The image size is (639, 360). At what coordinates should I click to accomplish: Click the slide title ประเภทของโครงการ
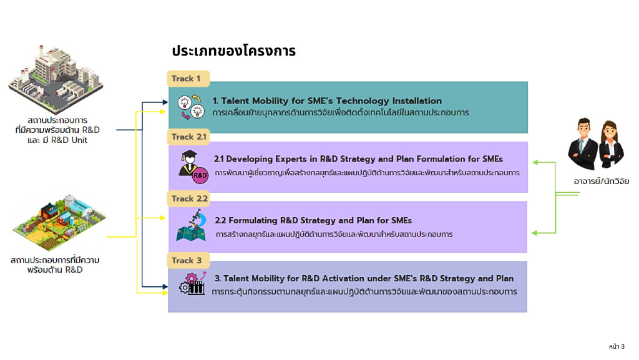point(233,51)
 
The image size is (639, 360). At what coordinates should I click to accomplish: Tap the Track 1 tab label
point(186,79)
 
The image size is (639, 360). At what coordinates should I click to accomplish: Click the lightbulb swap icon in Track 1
point(192,107)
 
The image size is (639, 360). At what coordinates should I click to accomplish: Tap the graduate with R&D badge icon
point(191,165)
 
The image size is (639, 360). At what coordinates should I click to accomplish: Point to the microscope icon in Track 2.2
point(191,225)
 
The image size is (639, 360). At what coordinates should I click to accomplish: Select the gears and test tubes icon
point(192,284)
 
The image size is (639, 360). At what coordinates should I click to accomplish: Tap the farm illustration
point(57,220)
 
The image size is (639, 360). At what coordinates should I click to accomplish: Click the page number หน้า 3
point(616,346)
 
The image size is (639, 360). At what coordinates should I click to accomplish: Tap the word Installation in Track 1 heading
point(416,101)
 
